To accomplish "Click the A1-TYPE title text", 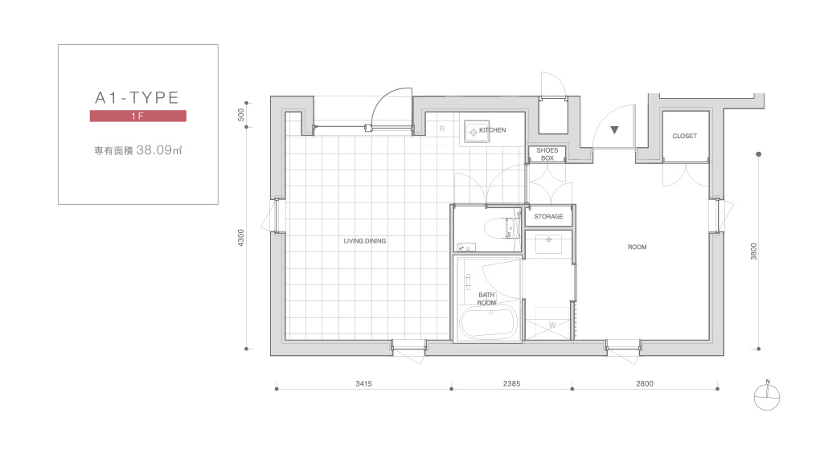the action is point(137,98).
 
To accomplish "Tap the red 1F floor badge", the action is point(138,116).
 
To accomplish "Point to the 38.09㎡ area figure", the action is point(159,150).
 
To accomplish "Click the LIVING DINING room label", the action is point(364,241).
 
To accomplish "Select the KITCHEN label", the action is point(493,130).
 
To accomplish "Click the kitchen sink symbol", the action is point(474,132).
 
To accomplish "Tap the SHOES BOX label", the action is point(547,154).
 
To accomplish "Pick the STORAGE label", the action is point(548,216).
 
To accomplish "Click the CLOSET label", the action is point(685,136).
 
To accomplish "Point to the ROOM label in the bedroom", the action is point(637,247).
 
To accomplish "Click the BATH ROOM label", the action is point(486,299).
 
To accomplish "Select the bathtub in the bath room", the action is point(489,322).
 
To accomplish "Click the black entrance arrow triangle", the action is point(614,130).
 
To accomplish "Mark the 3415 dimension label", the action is point(363,383).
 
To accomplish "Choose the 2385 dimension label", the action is point(511,383).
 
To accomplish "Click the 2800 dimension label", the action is point(645,383).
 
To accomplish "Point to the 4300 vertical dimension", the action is point(240,238).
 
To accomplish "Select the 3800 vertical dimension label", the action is point(753,251).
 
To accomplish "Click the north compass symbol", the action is point(767,397).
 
